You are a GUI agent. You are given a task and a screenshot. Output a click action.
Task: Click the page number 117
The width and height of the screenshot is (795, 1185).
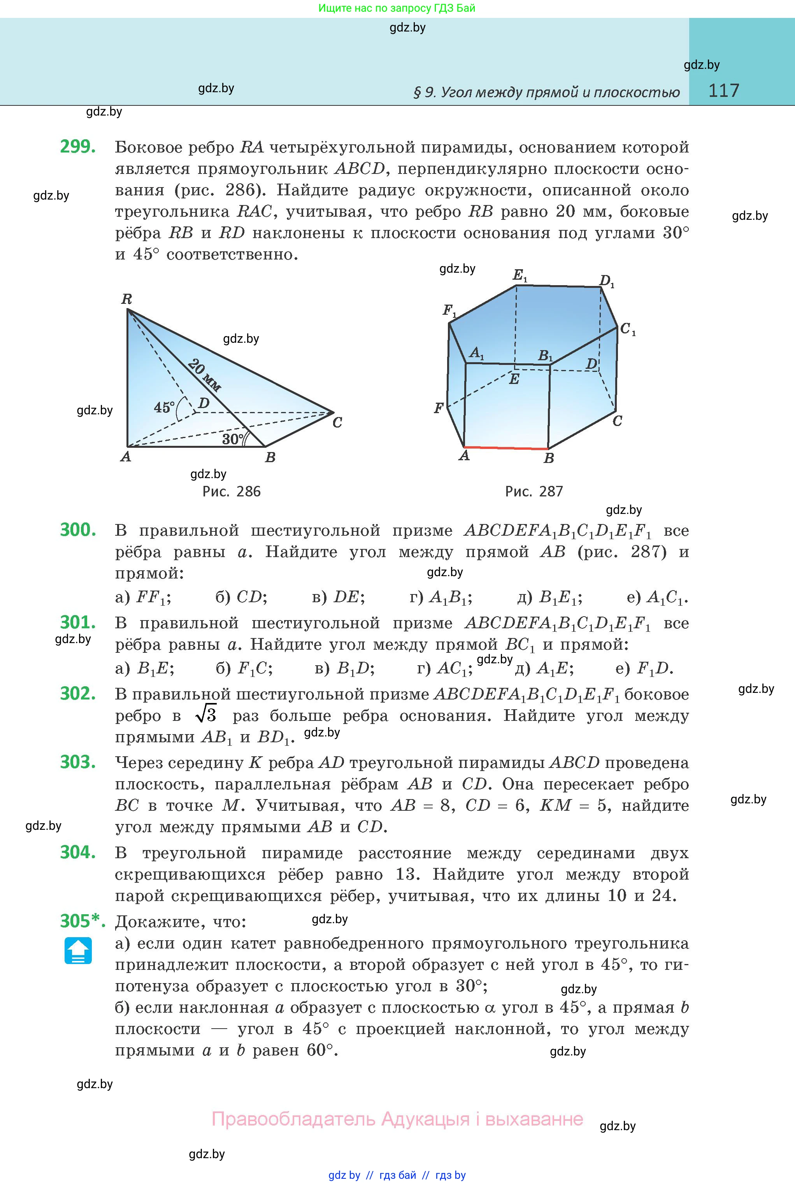click(723, 91)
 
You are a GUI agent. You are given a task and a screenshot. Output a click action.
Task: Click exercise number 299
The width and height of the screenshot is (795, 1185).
click(77, 147)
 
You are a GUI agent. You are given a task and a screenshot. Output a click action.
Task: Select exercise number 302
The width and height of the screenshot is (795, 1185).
click(77, 693)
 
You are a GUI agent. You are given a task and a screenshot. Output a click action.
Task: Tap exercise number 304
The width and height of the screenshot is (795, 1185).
click(77, 852)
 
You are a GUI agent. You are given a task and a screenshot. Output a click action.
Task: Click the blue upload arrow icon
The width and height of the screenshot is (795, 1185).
click(78, 950)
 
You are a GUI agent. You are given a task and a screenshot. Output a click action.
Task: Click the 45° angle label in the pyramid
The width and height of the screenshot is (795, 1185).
click(164, 407)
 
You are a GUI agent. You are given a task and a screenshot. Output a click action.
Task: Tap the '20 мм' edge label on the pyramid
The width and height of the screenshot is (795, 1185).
click(204, 375)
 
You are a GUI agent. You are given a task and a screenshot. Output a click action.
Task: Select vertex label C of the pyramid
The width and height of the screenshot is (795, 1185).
click(337, 422)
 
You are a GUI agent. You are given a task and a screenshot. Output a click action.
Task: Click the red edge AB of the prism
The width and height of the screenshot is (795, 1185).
click(505, 447)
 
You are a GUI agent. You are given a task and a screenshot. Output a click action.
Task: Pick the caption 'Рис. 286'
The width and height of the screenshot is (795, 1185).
click(231, 491)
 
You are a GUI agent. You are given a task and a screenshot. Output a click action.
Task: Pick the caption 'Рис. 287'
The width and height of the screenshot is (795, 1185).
click(534, 491)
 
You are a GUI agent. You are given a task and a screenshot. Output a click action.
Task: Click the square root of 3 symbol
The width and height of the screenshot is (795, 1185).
click(206, 715)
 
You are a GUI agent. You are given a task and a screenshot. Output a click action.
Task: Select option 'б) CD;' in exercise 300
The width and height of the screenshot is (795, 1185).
click(241, 598)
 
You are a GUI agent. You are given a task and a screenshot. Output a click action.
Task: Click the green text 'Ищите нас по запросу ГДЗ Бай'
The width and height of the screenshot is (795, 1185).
click(397, 8)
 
